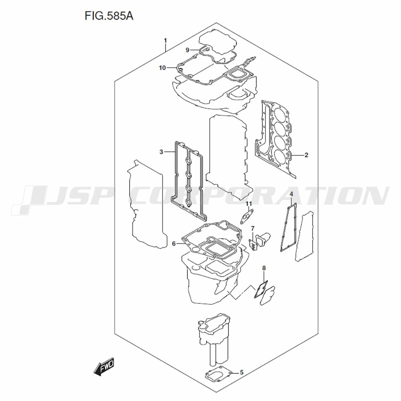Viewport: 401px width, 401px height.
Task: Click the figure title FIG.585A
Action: pyautogui.click(x=109, y=16)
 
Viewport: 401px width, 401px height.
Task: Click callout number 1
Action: pyautogui.click(x=166, y=41)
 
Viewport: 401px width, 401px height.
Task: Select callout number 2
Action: pyautogui.click(x=306, y=155)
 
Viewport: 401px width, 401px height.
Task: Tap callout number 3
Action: pyautogui.click(x=161, y=152)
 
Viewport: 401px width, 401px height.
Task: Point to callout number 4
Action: pyautogui.click(x=291, y=194)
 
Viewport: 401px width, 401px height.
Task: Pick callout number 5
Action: pyautogui.click(x=242, y=373)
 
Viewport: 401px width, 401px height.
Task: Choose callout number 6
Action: pyautogui.click(x=174, y=244)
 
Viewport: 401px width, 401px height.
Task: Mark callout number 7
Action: pyautogui.click(x=252, y=228)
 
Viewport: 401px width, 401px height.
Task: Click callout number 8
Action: pyautogui.click(x=264, y=268)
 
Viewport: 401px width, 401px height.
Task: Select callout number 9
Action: pyautogui.click(x=187, y=50)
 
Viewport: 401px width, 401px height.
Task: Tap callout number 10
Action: pyautogui.click(x=162, y=68)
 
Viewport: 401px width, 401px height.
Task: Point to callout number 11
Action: pyautogui.click(x=249, y=204)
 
